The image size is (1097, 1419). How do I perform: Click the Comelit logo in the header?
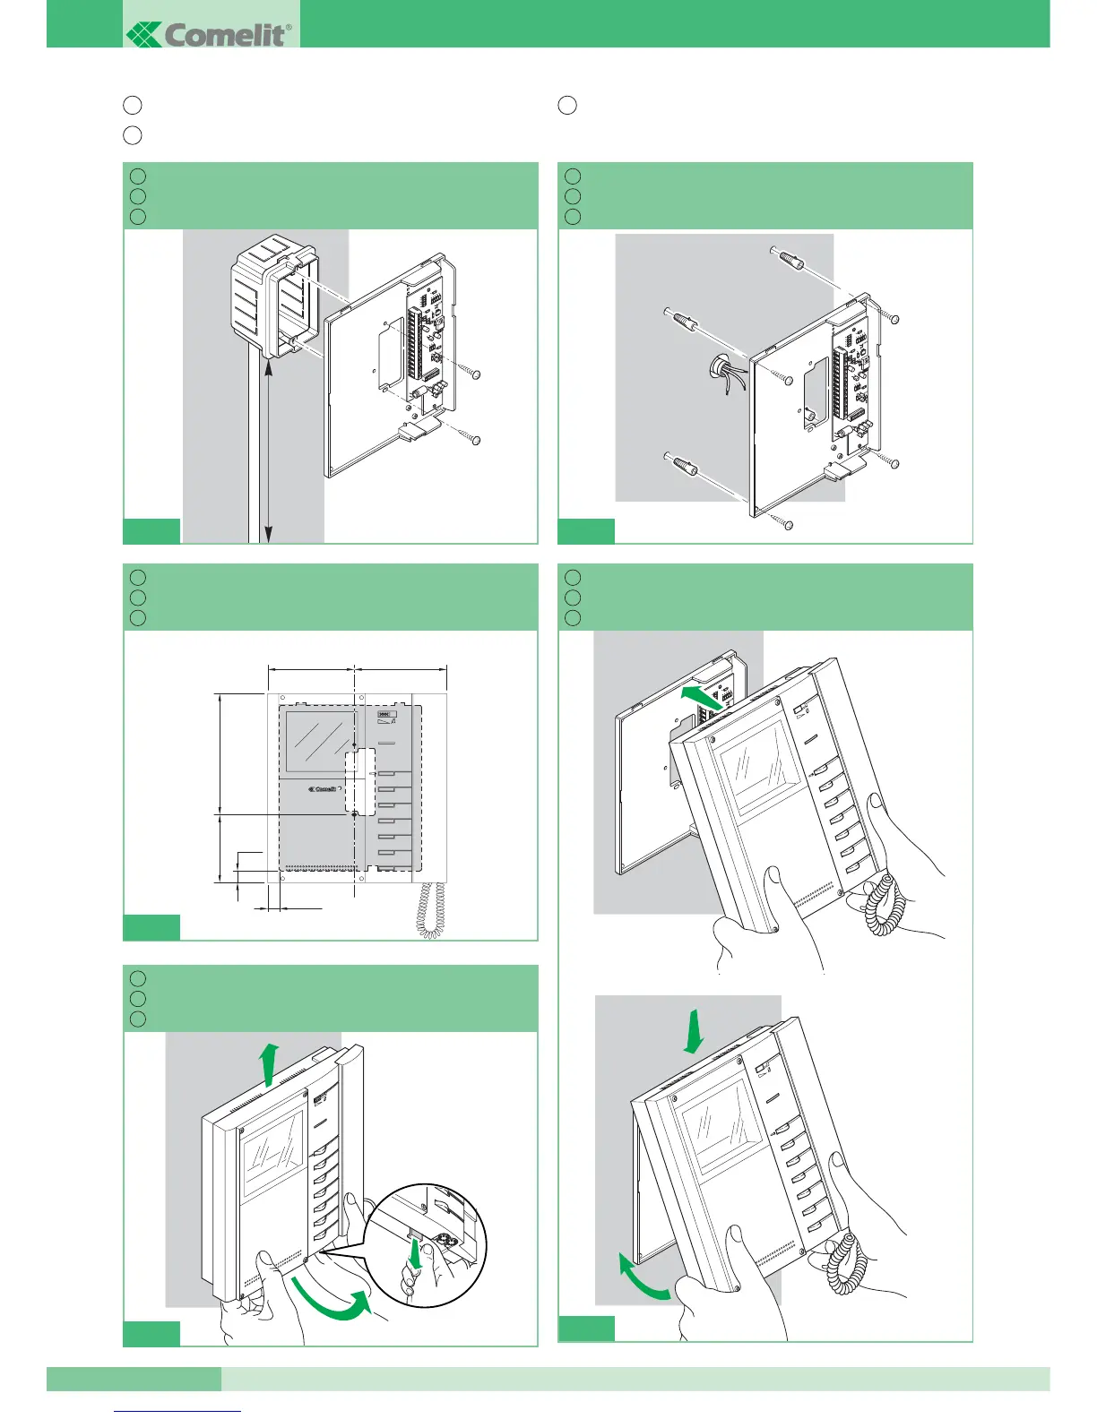coord(209,35)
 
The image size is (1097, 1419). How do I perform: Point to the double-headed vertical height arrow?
coord(266,448)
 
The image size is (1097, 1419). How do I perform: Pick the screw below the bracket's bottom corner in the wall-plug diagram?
coord(788,524)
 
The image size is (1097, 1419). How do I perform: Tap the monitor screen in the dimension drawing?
coord(320,742)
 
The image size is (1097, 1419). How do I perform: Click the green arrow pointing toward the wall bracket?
coord(704,694)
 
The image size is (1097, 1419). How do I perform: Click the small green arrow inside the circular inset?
coord(413,1254)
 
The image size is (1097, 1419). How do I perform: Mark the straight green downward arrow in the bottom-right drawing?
coord(693,1033)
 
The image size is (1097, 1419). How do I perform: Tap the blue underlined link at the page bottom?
coord(178,1410)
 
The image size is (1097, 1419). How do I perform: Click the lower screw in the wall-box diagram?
coord(476,439)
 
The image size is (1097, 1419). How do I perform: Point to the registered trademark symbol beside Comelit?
coord(288,28)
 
